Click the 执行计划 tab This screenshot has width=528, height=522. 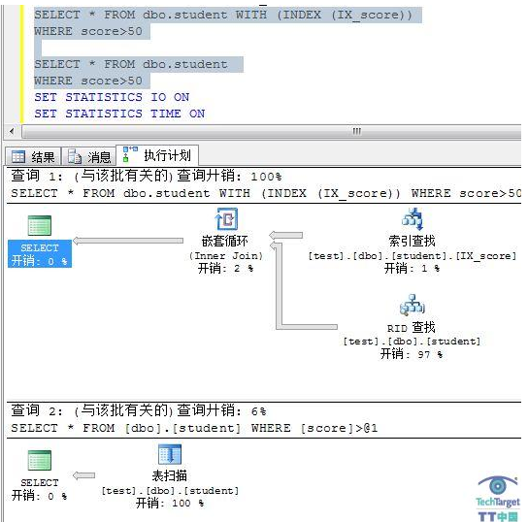(x=157, y=155)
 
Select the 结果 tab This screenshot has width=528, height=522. (x=33, y=157)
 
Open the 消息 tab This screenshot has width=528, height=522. (x=89, y=157)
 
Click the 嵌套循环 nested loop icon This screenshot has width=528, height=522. (x=226, y=219)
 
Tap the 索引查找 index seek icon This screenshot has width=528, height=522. (x=412, y=219)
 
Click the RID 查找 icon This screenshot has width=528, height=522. (x=412, y=305)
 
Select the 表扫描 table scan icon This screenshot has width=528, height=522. (x=170, y=454)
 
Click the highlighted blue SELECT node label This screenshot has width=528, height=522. (x=40, y=254)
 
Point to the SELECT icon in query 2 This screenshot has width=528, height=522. (x=40, y=460)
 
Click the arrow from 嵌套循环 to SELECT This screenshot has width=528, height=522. (x=128, y=241)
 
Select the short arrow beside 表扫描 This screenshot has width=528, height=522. (x=83, y=475)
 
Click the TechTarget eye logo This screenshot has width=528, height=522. (x=498, y=486)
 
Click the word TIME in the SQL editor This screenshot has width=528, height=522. (x=166, y=114)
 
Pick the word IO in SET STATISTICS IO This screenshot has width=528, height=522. (x=158, y=97)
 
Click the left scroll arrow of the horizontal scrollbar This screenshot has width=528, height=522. (x=12, y=131)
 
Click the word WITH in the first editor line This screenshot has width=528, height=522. (x=251, y=15)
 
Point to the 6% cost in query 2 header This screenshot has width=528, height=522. (x=258, y=411)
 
